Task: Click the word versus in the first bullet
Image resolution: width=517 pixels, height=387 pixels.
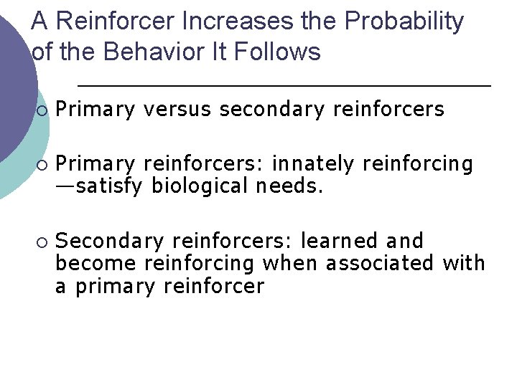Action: click(177, 109)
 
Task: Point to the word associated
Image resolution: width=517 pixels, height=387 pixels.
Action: click(380, 263)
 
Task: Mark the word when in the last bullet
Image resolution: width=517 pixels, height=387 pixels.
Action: click(290, 263)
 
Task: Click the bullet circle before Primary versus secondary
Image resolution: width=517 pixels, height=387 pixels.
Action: click(43, 110)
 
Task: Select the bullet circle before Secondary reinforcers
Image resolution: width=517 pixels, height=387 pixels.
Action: click(43, 242)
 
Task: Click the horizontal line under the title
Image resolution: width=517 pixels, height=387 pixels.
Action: click(284, 86)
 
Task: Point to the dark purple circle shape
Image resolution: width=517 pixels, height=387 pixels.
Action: click(13, 79)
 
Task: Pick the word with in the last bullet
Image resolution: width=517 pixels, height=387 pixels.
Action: click(464, 263)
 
